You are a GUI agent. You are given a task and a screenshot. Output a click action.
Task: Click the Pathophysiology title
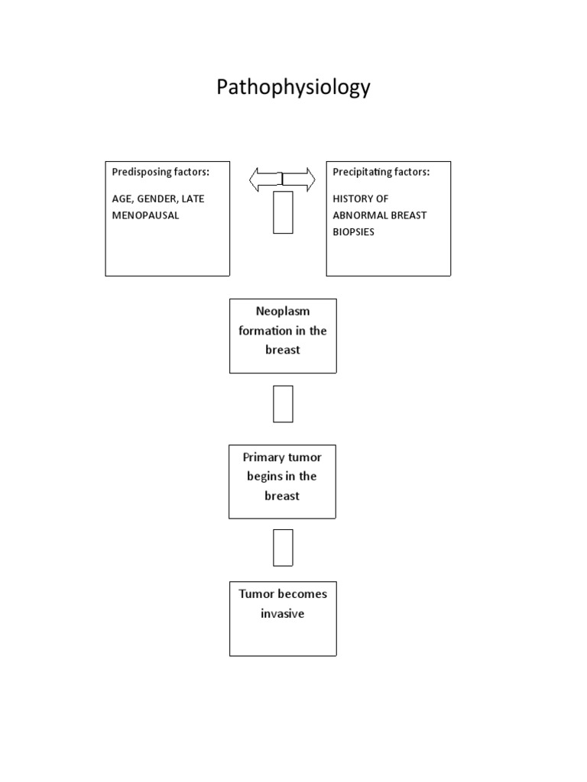pos(293,88)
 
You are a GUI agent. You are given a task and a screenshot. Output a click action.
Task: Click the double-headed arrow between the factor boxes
pos(282,179)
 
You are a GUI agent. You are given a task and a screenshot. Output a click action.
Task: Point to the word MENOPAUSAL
pos(145,215)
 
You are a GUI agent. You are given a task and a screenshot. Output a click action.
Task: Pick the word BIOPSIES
pos(353,231)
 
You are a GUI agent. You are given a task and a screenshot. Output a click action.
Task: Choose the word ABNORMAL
pos(359,215)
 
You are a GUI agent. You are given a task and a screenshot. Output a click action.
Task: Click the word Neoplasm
pos(283,312)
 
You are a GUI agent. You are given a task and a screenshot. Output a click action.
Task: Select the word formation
pos(265,331)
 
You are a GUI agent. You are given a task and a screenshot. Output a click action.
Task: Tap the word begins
pos(264,477)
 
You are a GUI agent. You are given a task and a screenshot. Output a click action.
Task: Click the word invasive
pos(282,613)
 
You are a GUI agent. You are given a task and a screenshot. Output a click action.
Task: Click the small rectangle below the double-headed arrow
pos(283,212)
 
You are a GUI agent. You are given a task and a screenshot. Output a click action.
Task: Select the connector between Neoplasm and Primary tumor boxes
pos(283,404)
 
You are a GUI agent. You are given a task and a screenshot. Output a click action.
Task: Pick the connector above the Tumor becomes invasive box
pos(283,547)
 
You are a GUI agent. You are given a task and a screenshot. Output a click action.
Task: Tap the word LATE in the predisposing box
pos(193,199)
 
